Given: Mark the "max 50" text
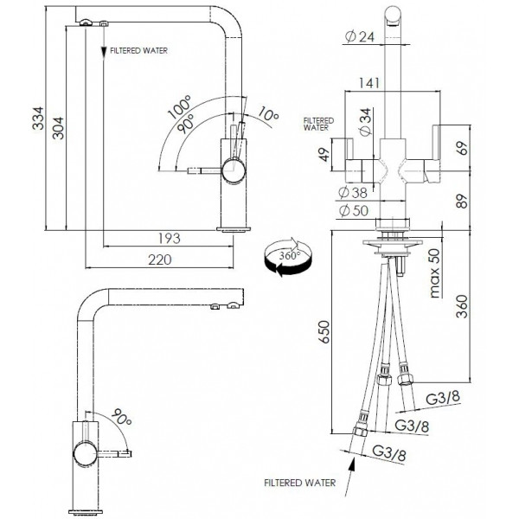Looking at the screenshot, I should tap(433, 272).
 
